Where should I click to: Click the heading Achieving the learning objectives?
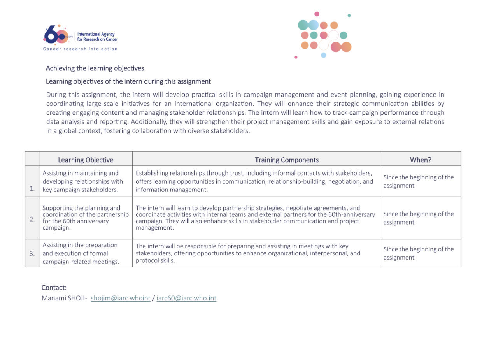point(95,68)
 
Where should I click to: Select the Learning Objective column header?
point(86,160)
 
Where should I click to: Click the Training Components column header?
point(287,160)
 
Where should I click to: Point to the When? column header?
point(421,160)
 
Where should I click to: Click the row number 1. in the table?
point(32,189)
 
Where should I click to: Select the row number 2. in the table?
point(32,220)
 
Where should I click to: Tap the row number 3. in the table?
point(32,253)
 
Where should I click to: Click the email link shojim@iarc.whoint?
point(121,298)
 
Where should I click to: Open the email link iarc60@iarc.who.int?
point(186,298)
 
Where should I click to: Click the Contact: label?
point(54,288)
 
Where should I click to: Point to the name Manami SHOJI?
point(63,298)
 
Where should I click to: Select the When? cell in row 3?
point(419,253)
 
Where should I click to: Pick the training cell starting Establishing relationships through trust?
point(254,181)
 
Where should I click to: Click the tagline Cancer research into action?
point(80,49)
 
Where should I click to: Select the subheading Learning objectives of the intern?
point(128,81)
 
